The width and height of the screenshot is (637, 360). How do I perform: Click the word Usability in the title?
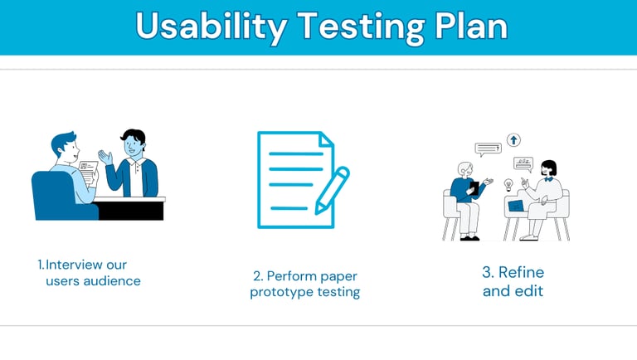pos(212,27)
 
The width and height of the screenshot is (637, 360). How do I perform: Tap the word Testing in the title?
pos(361,27)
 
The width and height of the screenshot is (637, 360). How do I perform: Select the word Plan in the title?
pos(471,25)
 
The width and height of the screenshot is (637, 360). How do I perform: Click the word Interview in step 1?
pos(74,265)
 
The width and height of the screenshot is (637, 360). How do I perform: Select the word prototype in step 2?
pos(281,293)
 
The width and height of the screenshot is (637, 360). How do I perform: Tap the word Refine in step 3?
pos(521,272)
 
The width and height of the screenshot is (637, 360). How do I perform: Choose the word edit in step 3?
pos(529,291)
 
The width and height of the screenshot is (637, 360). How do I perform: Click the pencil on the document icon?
pos(333,190)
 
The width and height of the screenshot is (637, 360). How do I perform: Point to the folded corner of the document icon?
pos(326,139)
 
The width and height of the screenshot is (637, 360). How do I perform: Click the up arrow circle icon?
pos(514,140)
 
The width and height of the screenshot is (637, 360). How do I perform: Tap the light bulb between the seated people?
pos(508,185)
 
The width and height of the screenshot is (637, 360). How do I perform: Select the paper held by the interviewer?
pos(89,172)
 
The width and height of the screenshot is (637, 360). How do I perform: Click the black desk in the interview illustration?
pos(129,208)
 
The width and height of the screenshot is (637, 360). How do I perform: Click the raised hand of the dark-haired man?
pos(105,157)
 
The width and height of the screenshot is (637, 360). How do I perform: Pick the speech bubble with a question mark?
pos(489,149)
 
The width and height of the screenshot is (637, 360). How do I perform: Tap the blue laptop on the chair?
pos(516,206)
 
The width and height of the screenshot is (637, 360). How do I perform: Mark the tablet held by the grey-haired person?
pos(474,187)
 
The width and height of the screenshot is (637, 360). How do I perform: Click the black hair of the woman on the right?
pos(550,166)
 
